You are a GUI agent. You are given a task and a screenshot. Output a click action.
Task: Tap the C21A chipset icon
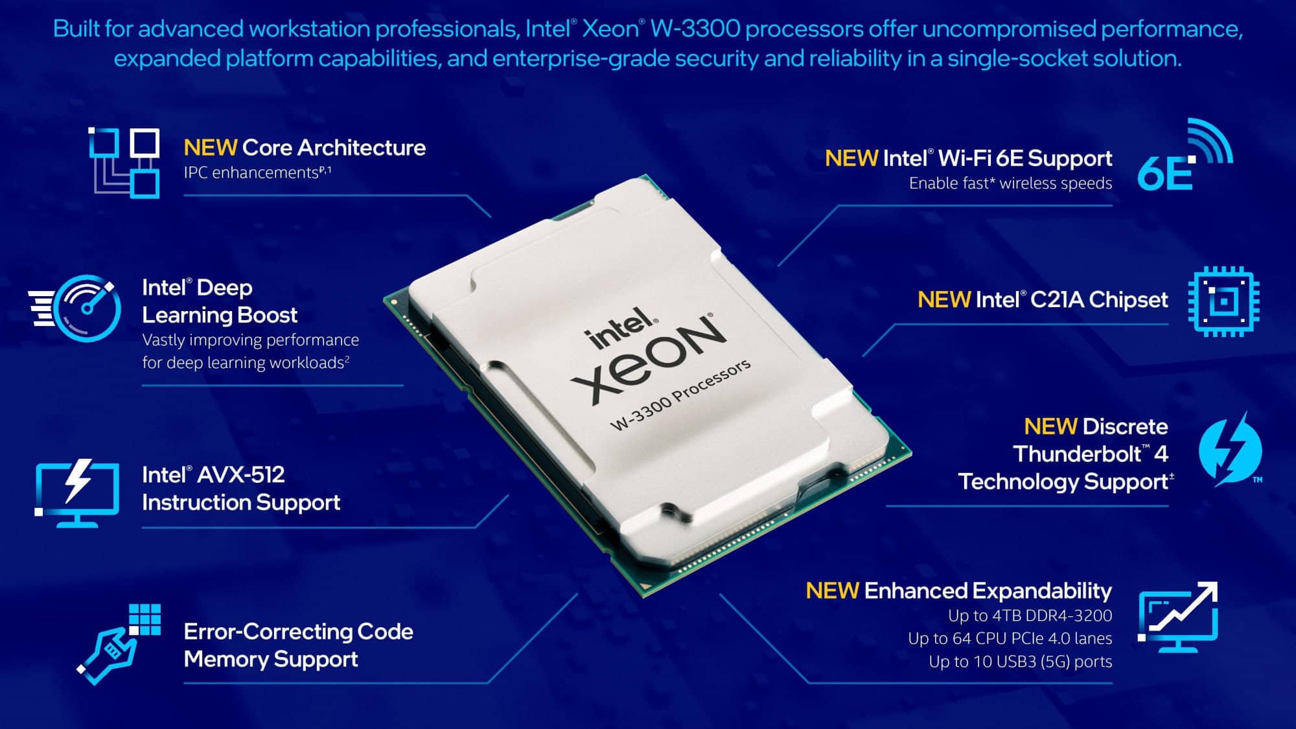pyautogui.click(x=1223, y=301)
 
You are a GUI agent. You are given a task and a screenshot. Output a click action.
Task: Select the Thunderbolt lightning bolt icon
pyautogui.click(x=1230, y=450)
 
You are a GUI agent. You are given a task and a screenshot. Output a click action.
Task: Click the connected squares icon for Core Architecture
pyautogui.click(x=124, y=162)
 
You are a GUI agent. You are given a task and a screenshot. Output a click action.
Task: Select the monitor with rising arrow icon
pyautogui.click(x=1178, y=616)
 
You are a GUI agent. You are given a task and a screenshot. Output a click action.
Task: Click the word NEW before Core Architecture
pyautogui.click(x=210, y=148)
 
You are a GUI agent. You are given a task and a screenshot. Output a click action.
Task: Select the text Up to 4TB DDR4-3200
pyautogui.click(x=1030, y=616)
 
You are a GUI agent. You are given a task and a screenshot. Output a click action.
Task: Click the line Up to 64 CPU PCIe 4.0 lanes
pyautogui.click(x=1010, y=638)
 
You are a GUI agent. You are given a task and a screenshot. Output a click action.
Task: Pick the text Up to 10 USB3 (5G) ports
pyautogui.click(x=1020, y=662)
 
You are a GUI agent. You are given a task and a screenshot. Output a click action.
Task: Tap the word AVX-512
pyautogui.click(x=240, y=475)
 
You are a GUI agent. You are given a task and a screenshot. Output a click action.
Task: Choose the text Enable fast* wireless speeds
pyautogui.click(x=1010, y=183)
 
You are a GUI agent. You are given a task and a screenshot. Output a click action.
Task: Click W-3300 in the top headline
pyautogui.click(x=695, y=29)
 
